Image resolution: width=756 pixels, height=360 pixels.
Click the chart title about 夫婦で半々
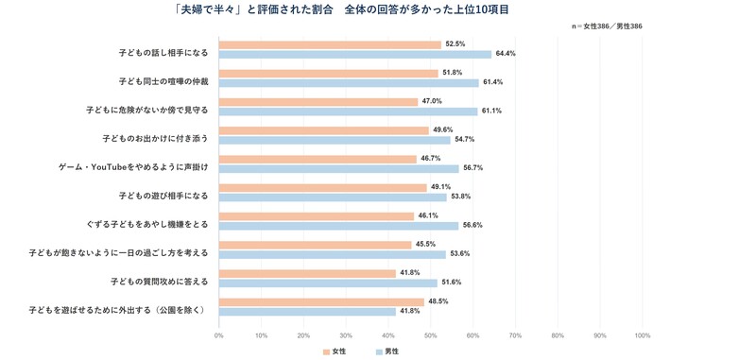pos(342,10)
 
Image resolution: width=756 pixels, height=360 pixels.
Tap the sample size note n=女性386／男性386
pos(606,26)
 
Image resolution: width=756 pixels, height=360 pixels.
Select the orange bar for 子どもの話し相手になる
pos(330,44)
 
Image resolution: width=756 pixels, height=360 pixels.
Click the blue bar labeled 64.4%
pos(355,55)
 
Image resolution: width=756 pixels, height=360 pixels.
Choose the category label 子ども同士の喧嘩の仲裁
pos(163,82)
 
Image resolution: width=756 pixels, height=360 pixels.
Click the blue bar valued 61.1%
pos(348,111)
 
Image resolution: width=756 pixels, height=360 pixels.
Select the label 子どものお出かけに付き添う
pos(155,139)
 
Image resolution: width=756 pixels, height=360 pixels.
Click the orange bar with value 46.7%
pos(318,159)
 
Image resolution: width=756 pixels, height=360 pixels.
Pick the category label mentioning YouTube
pos(133,167)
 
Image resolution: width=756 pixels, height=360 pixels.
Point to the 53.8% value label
pos(460,197)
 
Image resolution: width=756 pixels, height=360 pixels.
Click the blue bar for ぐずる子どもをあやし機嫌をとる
pos(338,226)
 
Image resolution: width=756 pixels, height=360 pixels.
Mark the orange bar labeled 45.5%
pos(316,245)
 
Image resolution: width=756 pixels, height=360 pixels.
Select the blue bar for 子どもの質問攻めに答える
pos(328,283)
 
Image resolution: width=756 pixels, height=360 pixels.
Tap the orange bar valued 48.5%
pos(321,302)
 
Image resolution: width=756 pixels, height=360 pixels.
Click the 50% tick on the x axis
pos(431,335)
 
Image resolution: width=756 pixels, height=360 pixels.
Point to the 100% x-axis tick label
pos(643,335)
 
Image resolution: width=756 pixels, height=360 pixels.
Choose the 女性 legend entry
pos(335,351)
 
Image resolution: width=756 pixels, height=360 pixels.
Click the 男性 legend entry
pos(387,351)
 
